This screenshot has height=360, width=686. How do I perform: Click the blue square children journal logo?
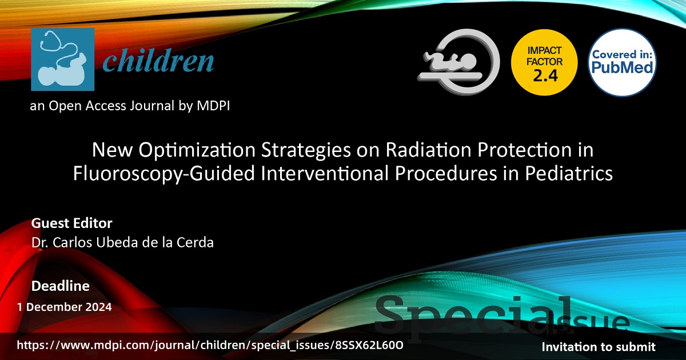coord(62,59)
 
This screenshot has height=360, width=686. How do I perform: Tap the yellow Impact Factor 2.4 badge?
coord(544,62)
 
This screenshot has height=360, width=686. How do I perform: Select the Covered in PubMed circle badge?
coord(622,62)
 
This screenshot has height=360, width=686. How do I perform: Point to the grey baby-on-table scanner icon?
coord(458,62)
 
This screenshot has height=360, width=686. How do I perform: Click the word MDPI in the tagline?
coord(213,106)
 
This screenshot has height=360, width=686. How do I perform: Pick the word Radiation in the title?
coord(428,150)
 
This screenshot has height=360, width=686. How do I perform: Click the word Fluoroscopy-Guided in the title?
coord(163,174)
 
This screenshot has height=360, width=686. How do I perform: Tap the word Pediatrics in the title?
coord(569,173)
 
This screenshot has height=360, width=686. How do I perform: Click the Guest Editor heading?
coord(71,223)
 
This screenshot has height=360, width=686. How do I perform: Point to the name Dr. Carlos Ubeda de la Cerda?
coord(122,242)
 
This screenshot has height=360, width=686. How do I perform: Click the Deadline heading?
coord(61,286)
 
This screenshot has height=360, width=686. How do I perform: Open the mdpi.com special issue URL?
coord(210,345)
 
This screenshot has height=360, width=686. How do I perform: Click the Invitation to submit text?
coord(599,347)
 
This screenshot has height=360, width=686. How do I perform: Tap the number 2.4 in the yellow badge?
coord(545,75)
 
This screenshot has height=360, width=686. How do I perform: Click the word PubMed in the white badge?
coord(622,67)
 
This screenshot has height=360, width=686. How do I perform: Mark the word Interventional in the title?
coord(325,174)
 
